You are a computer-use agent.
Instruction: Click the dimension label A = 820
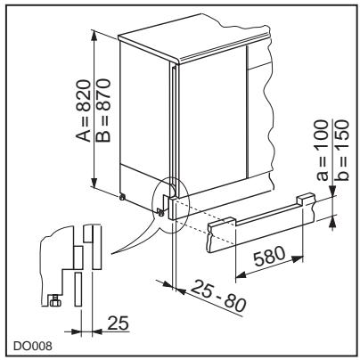[83, 110]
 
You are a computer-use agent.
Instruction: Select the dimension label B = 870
[102, 110]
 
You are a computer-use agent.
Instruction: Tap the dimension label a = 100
[323, 150]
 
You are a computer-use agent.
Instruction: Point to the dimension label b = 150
[340, 150]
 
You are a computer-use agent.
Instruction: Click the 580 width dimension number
[270, 256]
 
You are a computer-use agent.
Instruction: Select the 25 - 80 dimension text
[218, 297]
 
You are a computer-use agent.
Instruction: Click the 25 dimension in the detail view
[118, 323]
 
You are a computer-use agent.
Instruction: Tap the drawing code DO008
[32, 346]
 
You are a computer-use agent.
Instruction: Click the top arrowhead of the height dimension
[94, 36]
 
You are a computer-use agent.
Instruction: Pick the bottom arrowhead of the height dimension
[94, 183]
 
